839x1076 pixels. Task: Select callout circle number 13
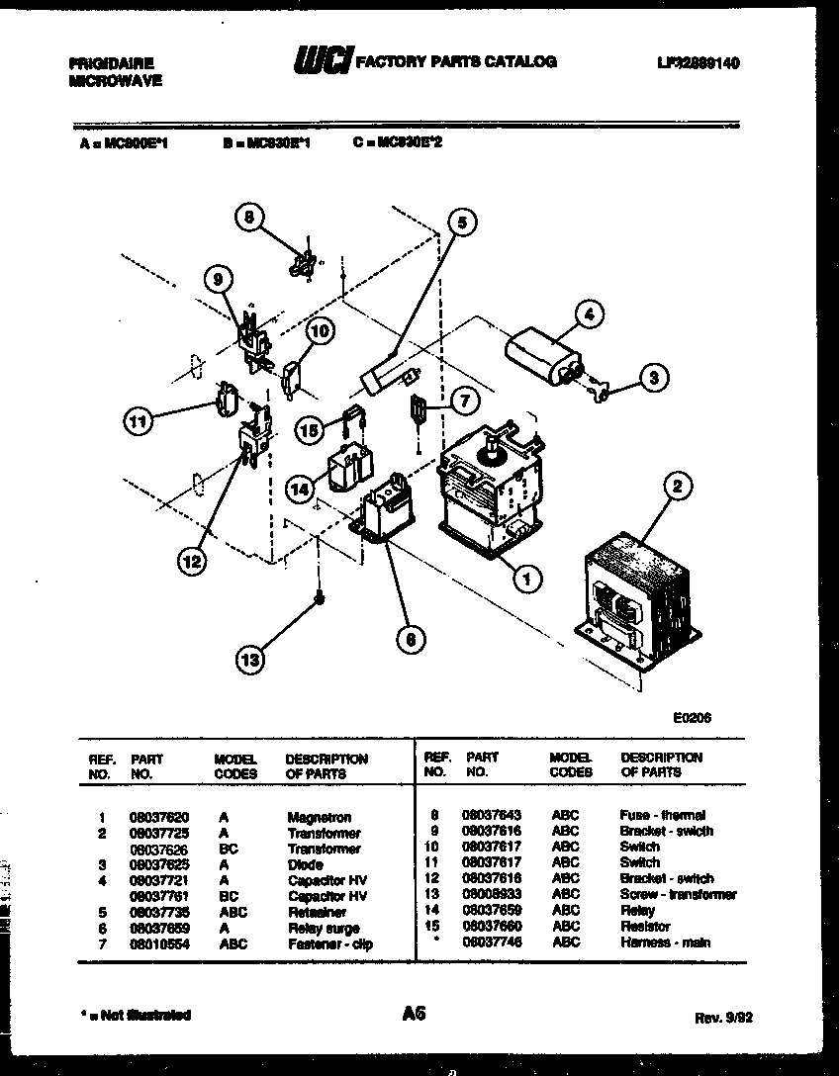pos(252,659)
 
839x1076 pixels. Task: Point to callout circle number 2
pos(678,486)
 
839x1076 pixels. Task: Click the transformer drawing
pos(636,601)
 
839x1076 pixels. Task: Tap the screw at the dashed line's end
pos(320,599)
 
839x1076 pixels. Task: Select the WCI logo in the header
pos(322,63)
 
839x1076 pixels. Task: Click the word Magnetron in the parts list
pos(319,818)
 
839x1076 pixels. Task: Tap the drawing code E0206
pos(691,720)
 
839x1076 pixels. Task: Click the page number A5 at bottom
pos(415,1013)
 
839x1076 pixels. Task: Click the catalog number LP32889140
pos(699,63)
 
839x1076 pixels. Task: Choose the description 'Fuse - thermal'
pos(662,816)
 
